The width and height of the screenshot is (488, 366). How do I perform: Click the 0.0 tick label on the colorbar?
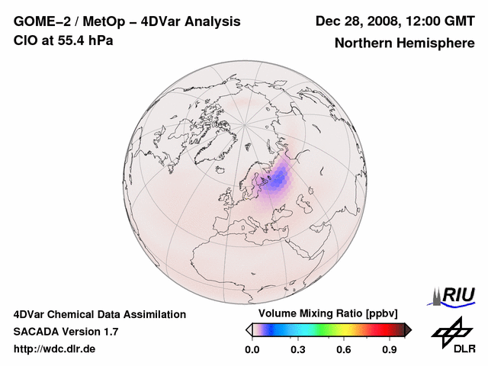pyautogui.click(x=252, y=350)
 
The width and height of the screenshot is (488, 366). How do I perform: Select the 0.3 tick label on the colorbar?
pyautogui.click(x=299, y=350)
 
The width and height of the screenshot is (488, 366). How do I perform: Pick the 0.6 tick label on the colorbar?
pyautogui.click(x=345, y=350)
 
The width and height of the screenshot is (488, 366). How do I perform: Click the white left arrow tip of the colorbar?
pyautogui.click(x=249, y=329)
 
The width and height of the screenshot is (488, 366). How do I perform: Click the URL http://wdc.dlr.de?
pyautogui.click(x=54, y=349)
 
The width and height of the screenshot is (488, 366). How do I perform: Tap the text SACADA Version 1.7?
pyautogui.click(x=66, y=332)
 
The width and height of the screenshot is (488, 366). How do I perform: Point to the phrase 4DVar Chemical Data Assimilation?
pyautogui.click(x=99, y=314)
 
